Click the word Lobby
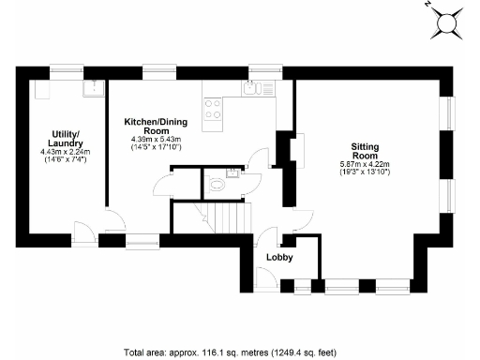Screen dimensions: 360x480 (x=279, y=257)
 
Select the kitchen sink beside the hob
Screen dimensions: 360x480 (x=250, y=90)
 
